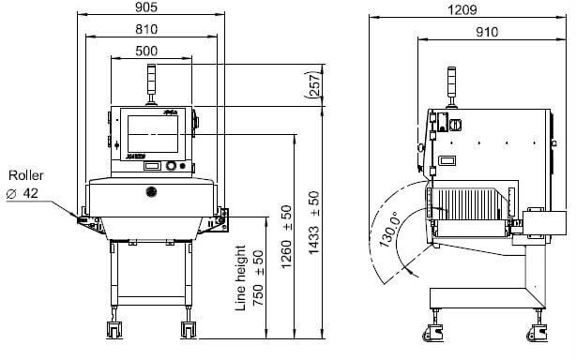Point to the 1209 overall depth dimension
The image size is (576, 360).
pyautogui.click(x=460, y=9)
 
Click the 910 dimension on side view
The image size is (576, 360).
pyautogui.click(x=486, y=32)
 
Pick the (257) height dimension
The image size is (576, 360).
pyautogui.click(x=313, y=86)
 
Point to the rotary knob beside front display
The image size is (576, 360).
pyautogui.click(x=172, y=167)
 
